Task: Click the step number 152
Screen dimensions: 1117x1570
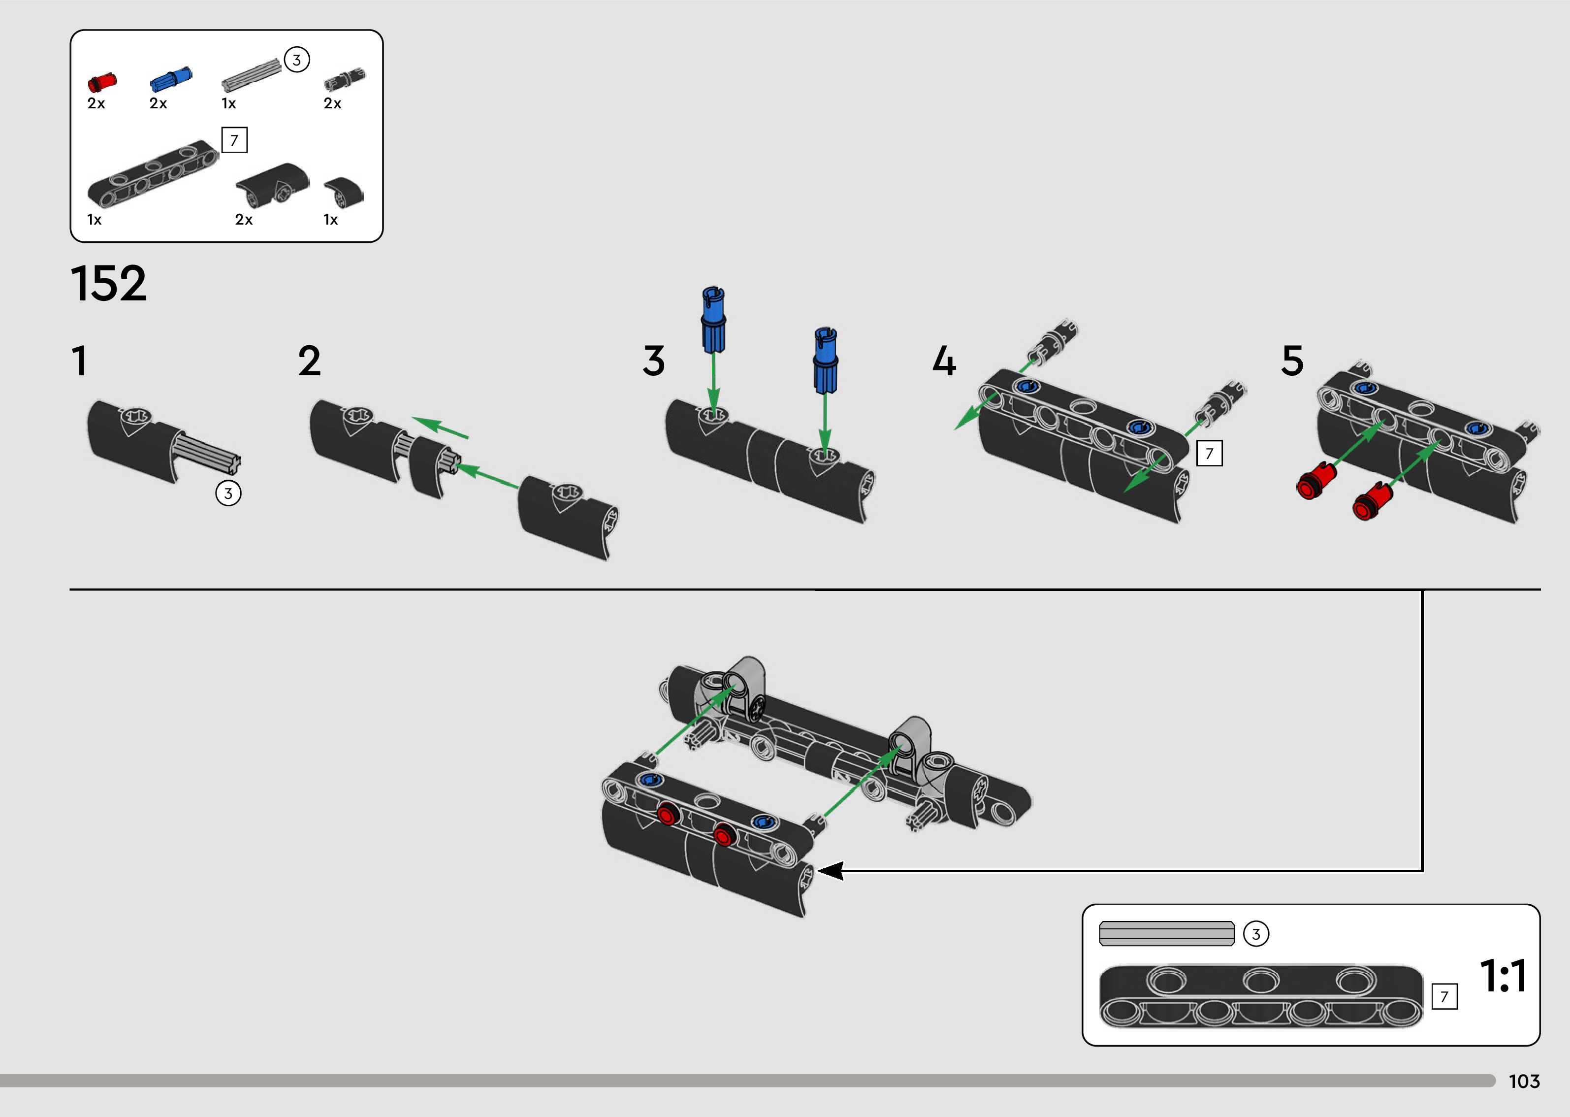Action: tap(109, 283)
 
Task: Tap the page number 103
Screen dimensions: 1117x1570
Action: tap(1524, 1081)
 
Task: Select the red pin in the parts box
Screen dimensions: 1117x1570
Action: tap(102, 82)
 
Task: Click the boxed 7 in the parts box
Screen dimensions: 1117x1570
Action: tap(234, 140)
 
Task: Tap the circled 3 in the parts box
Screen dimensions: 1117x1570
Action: tap(297, 60)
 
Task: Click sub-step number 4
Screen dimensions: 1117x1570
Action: tap(944, 361)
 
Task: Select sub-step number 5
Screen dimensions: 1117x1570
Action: tap(1292, 361)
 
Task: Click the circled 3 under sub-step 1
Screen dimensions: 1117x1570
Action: tap(228, 493)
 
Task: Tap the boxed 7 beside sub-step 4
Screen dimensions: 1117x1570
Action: tap(1209, 453)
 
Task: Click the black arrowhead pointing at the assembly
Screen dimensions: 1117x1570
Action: tap(831, 871)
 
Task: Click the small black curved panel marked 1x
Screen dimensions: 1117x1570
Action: tap(344, 193)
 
